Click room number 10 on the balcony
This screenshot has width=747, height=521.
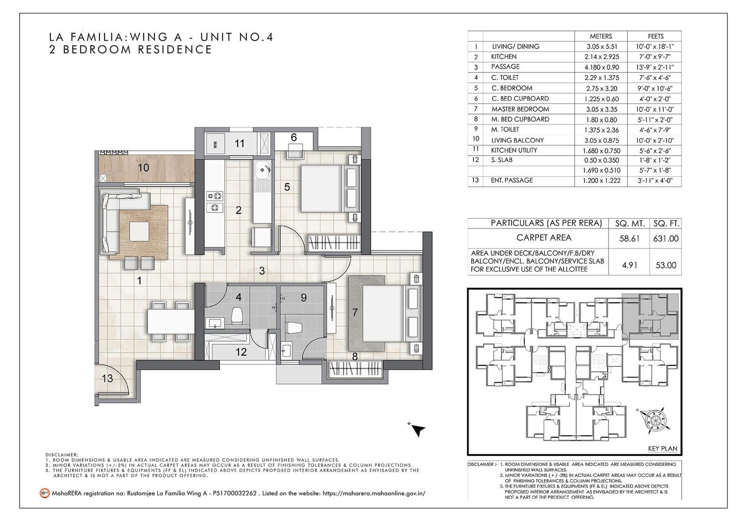[x=143, y=168]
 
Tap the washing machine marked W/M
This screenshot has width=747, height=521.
[x=215, y=144]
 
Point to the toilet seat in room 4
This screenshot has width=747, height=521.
[x=237, y=315]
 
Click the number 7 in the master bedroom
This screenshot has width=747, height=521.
[x=355, y=313]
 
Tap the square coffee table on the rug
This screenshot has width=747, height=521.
[x=139, y=231]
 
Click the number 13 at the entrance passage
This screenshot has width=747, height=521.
[x=107, y=378]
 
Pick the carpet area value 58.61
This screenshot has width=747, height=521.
[x=629, y=238]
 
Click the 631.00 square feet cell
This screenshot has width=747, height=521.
[x=666, y=238]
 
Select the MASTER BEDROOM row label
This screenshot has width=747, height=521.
[x=520, y=109]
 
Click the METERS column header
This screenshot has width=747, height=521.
[x=600, y=36]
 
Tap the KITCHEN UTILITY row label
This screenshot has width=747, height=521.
[x=514, y=150]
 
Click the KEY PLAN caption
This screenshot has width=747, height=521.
[x=662, y=449]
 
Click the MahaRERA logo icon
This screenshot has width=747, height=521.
[x=44, y=493]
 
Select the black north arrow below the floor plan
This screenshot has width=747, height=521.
[x=417, y=429]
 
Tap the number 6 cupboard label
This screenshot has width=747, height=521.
[x=294, y=137]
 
